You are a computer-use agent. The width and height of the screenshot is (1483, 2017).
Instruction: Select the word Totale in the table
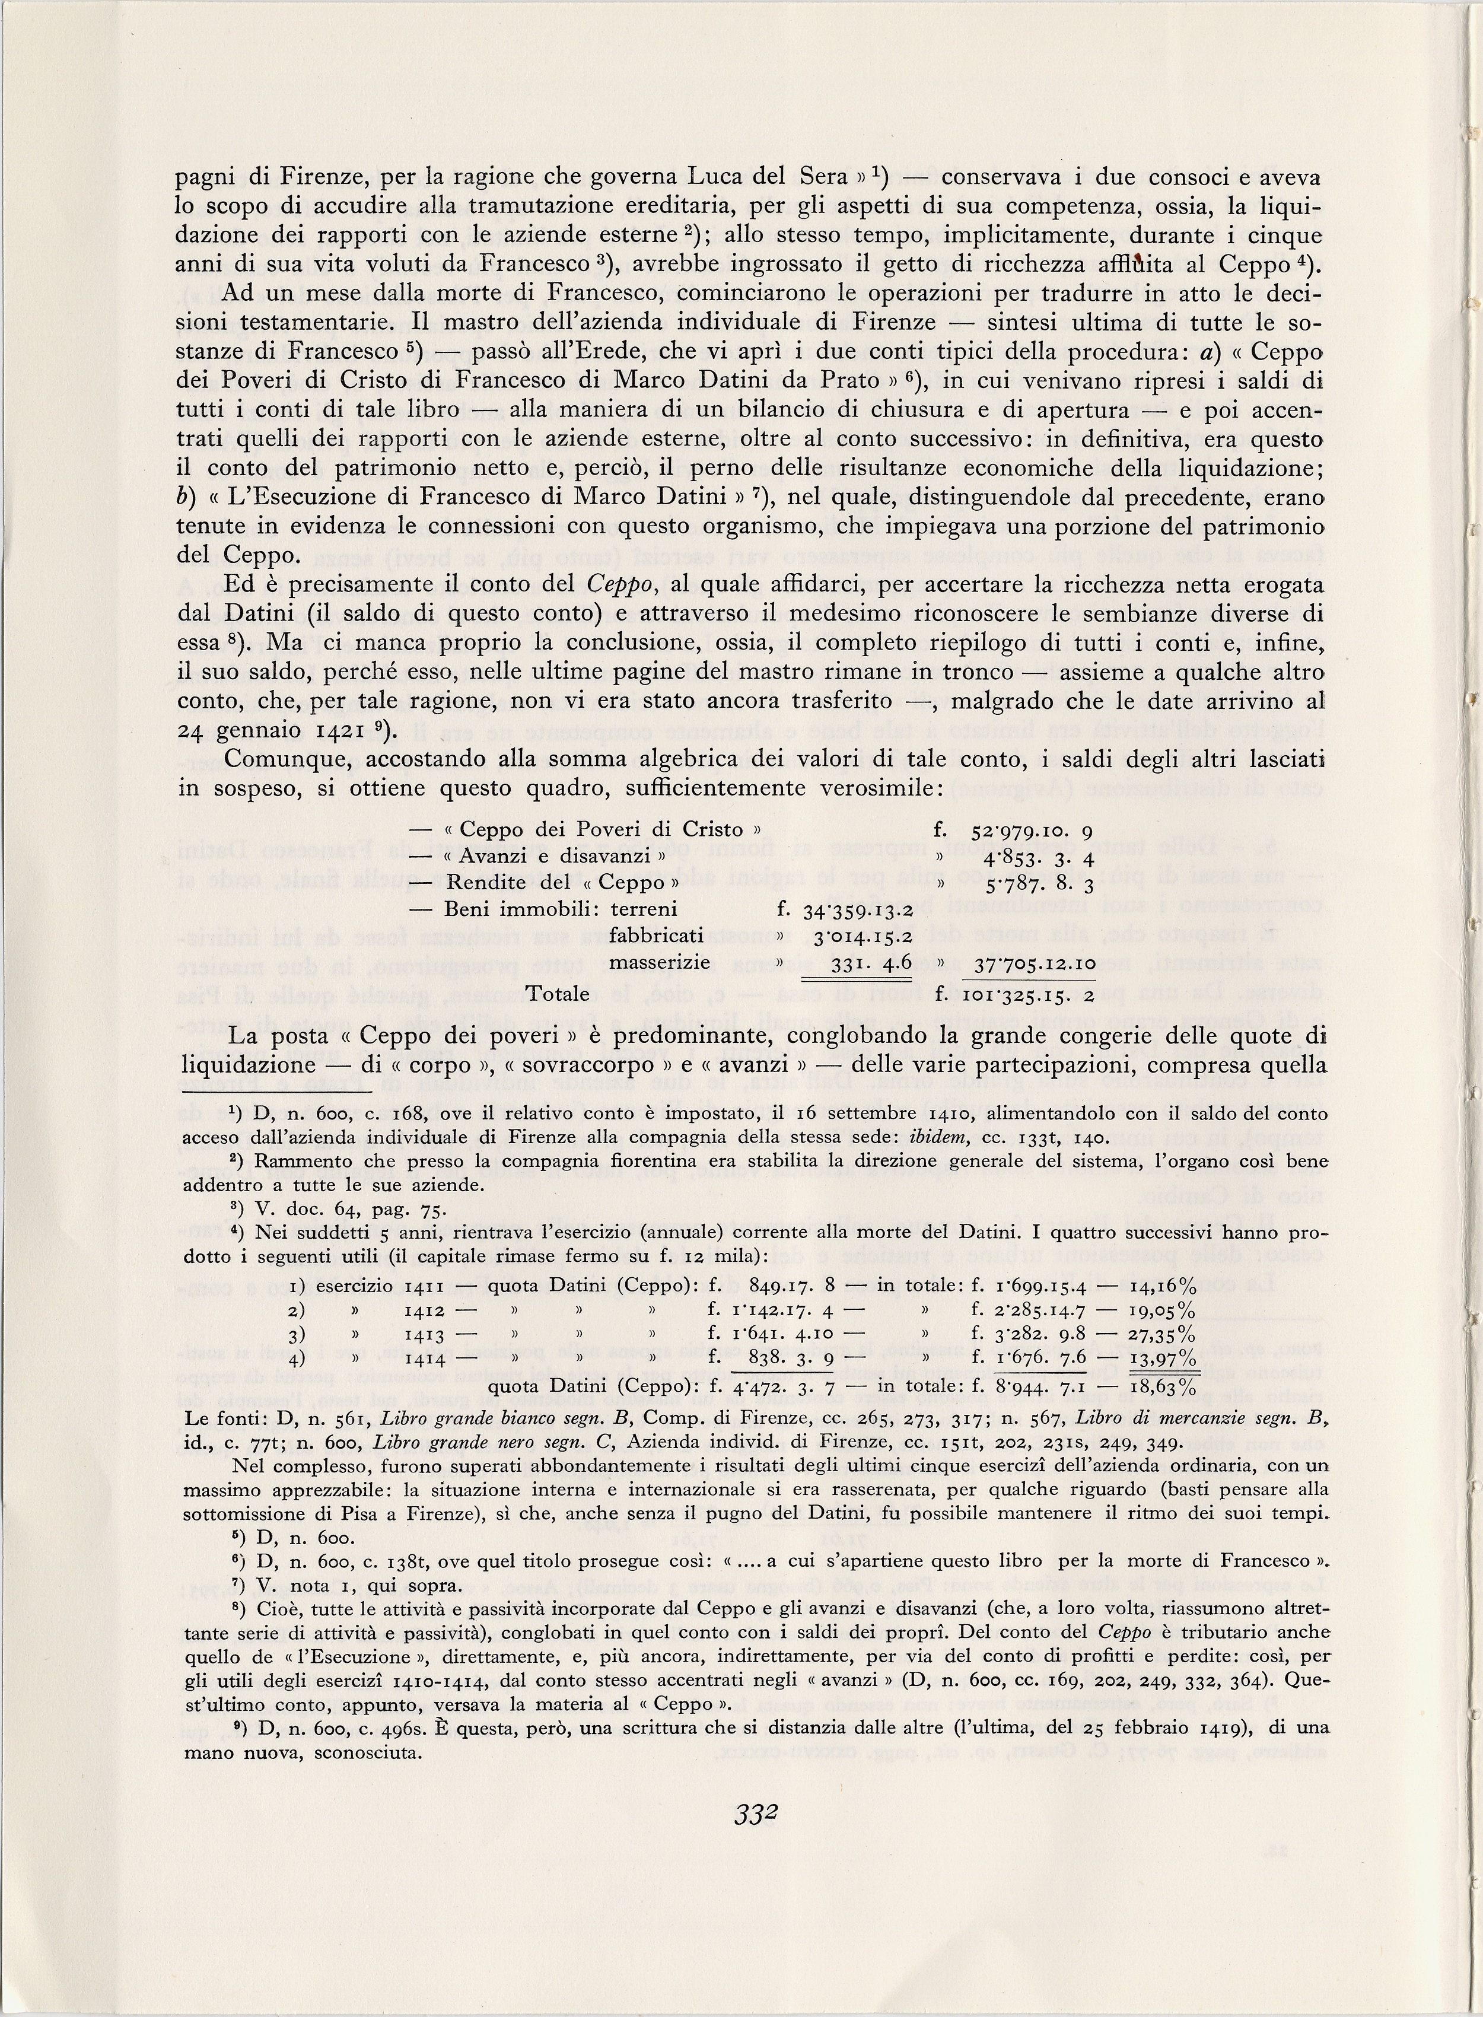click(558, 994)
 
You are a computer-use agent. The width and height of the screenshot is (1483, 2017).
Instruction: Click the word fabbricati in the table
click(656, 936)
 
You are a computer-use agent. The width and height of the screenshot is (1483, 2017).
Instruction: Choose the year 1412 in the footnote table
click(425, 1310)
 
